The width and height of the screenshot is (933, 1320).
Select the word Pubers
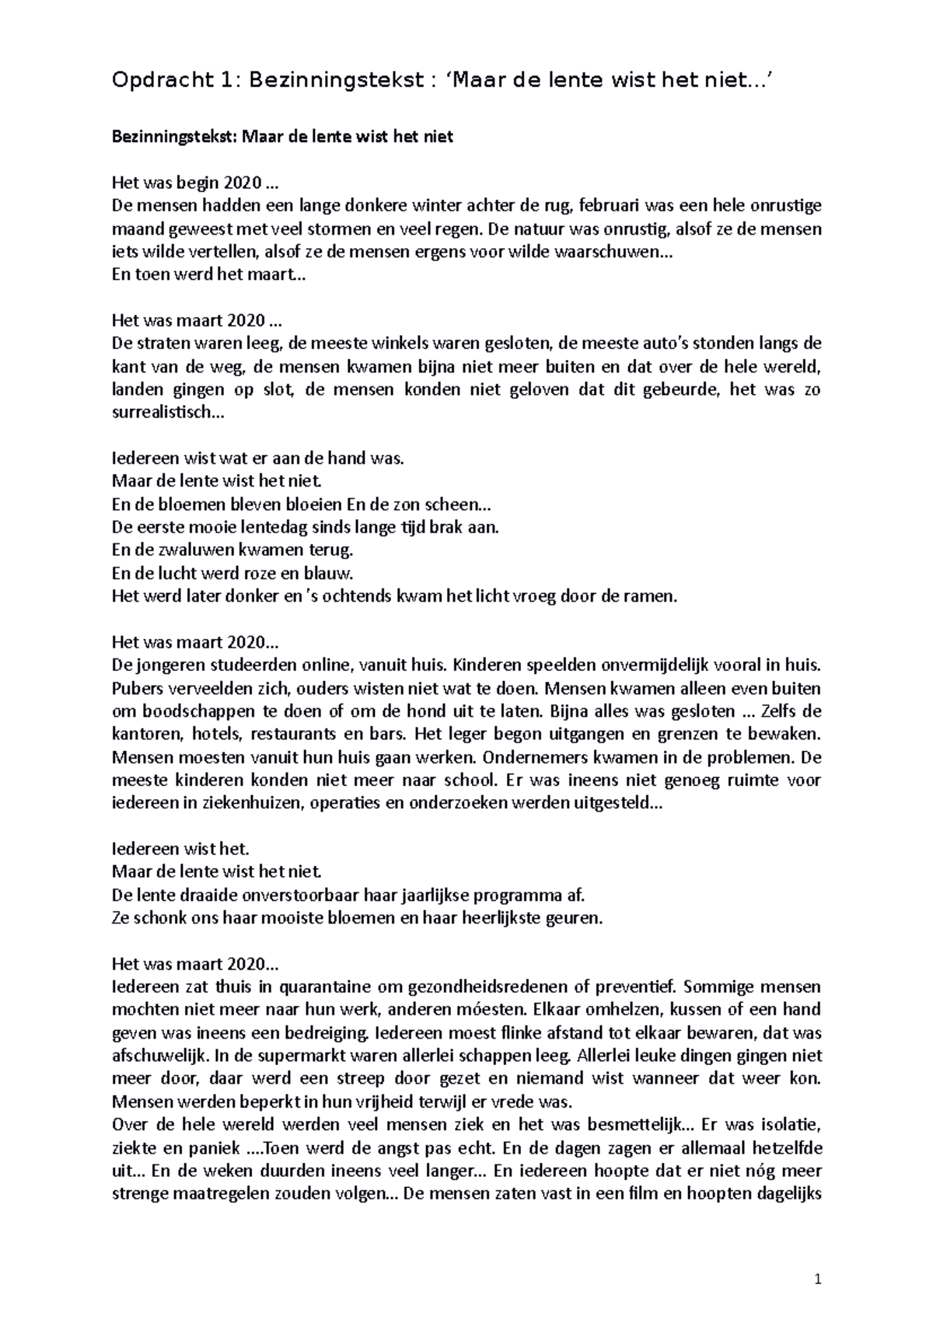click(x=135, y=688)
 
